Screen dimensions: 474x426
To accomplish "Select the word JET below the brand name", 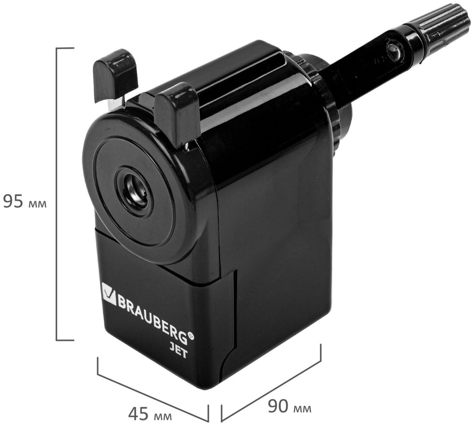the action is click(179, 352).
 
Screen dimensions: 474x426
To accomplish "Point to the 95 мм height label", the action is click(24, 202).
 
